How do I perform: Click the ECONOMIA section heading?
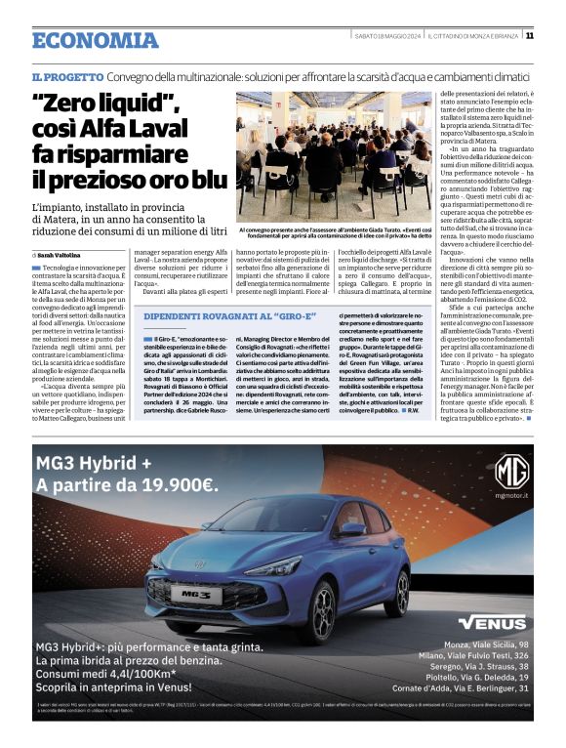click(x=95, y=40)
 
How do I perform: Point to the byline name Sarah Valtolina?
click(x=64, y=254)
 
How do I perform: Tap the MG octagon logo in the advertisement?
click(x=511, y=472)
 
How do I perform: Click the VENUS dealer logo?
click(x=492, y=622)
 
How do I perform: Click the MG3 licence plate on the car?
click(x=195, y=593)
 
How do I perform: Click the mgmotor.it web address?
click(x=511, y=496)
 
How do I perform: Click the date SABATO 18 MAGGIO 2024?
click(x=386, y=35)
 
